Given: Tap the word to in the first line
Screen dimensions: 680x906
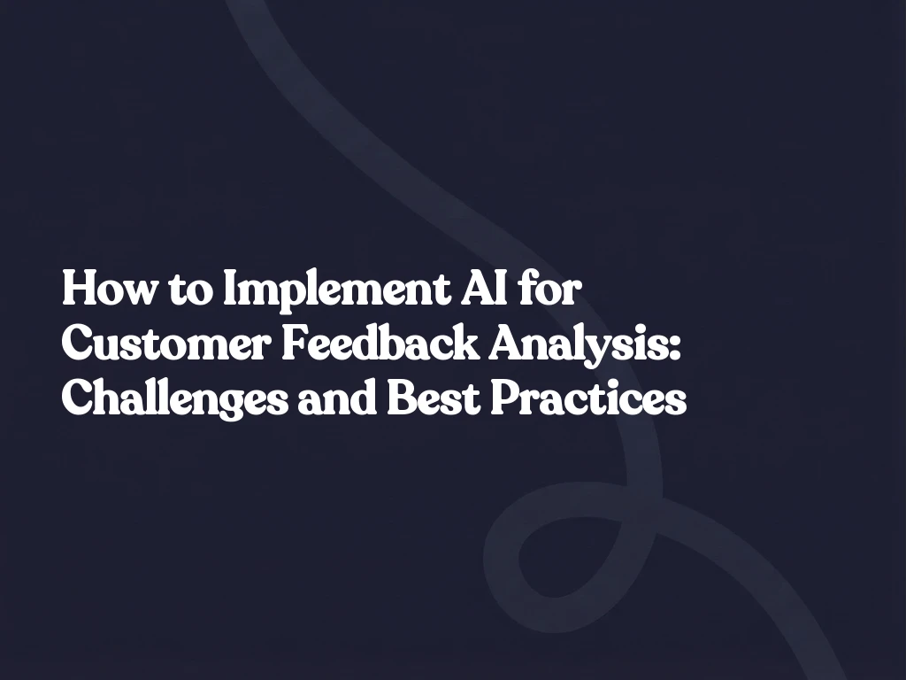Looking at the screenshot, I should [x=188, y=292].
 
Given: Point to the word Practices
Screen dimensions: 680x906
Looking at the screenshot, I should [x=588, y=399].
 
